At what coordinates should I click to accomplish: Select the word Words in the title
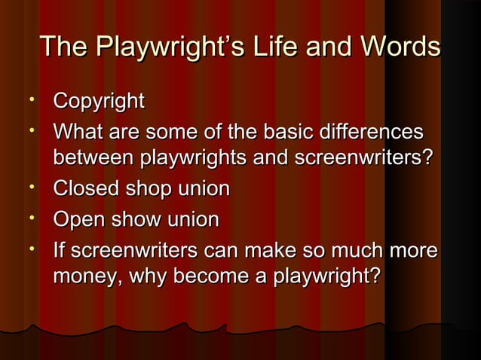pyautogui.click(x=398, y=47)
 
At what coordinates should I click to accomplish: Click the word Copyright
pyautogui.click(x=98, y=102)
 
